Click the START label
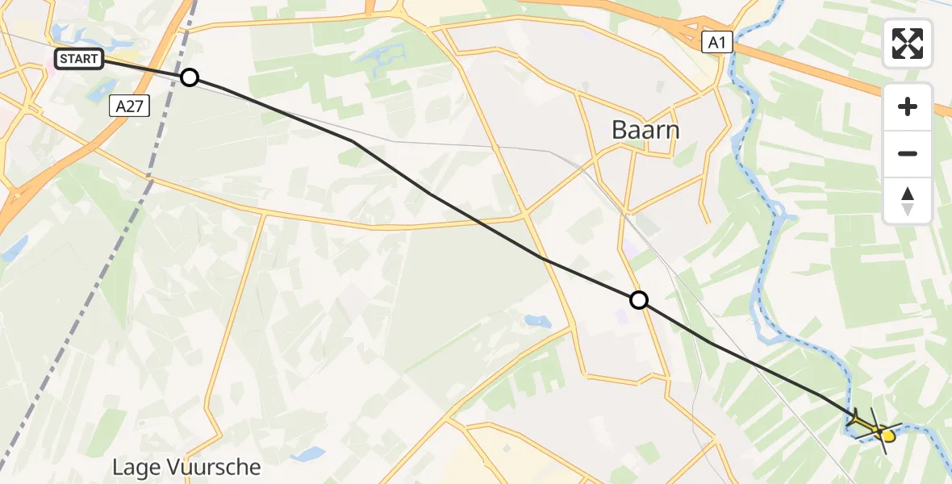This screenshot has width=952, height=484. pos(79,59)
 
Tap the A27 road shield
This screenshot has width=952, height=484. pos(128,106)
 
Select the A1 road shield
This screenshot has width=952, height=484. pos(716,43)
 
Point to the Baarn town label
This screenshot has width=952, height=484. pos(645,129)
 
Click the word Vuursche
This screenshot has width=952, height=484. pos(217,467)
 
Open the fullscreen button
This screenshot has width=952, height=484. pos(908,44)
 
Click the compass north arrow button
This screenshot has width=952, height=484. pos(908,201)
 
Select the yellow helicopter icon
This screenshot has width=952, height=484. pos(876,428)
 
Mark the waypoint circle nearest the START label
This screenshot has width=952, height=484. pos(189,77)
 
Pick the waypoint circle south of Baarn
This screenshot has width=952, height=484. pos(639,301)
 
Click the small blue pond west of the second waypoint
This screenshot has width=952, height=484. pos(535,321)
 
